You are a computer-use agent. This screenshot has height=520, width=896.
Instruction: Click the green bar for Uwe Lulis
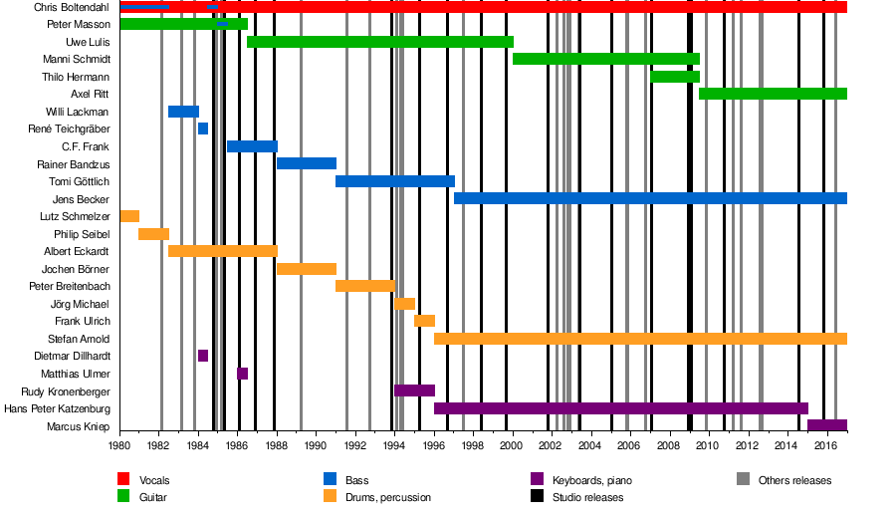click(x=379, y=42)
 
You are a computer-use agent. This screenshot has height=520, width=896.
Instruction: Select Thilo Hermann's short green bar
click(x=675, y=77)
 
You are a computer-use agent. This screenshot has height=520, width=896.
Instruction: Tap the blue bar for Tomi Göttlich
click(x=394, y=181)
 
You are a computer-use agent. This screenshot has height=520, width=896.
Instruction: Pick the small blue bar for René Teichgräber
click(x=203, y=129)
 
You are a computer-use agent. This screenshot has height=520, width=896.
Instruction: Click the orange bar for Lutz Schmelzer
click(x=129, y=216)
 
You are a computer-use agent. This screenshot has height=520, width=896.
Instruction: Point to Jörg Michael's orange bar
click(x=404, y=304)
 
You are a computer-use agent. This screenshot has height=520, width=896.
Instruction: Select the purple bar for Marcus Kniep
click(x=826, y=425)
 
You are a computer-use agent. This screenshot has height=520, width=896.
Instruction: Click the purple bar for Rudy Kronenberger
click(x=414, y=390)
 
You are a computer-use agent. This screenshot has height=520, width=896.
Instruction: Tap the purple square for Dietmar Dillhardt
click(x=203, y=356)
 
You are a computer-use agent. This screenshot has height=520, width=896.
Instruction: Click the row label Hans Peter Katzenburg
click(x=57, y=408)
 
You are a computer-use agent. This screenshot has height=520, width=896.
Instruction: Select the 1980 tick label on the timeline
click(x=119, y=445)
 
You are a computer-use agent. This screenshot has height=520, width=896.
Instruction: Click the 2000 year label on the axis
click(x=512, y=445)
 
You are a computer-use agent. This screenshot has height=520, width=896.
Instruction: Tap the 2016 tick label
click(x=825, y=445)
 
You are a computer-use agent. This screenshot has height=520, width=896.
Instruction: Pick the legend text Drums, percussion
click(x=388, y=497)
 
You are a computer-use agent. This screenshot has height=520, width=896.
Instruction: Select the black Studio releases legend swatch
click(x=536, y=497)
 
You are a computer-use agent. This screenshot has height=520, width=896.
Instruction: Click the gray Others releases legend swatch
click(x=743, y=480)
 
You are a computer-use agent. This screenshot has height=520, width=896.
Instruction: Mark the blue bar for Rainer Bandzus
click(x=306, y=163)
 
